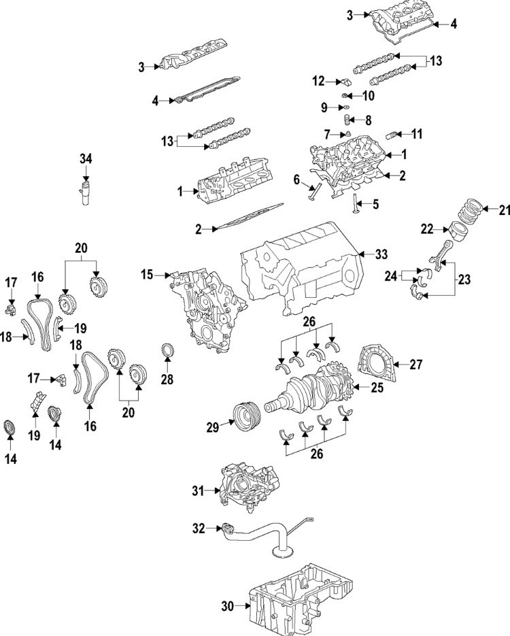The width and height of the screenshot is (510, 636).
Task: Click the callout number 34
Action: [85, 158]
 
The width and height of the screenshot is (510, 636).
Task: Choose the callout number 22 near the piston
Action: [426, 230]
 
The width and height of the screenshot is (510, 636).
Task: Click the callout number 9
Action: [324, 107]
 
